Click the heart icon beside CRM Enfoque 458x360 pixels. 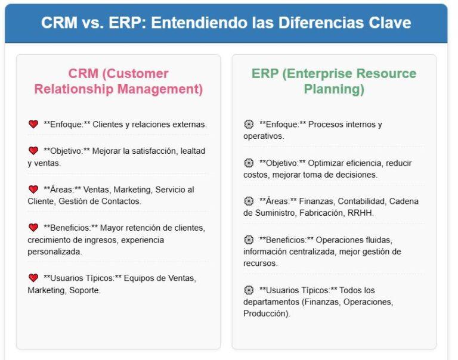pos(33,125)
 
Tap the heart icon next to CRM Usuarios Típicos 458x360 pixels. pos(33,278)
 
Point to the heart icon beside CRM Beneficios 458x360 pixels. pos(33,228)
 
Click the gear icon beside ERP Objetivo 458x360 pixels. pos(249,163)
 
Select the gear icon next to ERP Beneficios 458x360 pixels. pos(249,240)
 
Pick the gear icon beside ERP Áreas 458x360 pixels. pos(249,201)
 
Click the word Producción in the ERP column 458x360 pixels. pos(265,314)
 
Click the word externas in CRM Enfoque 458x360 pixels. pos(190,125)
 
